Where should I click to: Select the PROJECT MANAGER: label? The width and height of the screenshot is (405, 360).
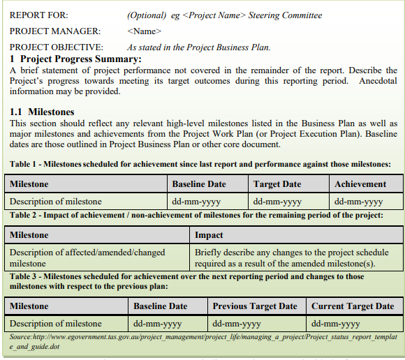click(54, 31)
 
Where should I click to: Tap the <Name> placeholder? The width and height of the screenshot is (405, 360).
click(145, 31)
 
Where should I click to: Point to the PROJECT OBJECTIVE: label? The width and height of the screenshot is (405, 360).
click(56, 47)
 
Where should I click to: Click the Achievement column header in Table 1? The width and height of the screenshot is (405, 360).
click(360, 184)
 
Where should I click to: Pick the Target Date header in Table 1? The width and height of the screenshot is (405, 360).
click(277, 184)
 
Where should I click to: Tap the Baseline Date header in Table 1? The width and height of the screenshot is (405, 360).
click(199, 184)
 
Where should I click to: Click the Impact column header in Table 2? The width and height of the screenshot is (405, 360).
click(209, 235)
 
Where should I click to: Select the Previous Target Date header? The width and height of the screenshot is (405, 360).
click(255, 306)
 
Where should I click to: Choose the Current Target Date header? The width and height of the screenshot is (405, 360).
click(353, 306)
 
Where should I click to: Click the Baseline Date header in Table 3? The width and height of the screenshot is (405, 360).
click(160, 306)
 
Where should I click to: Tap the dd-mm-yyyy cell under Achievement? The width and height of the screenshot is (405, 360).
click(359, 202)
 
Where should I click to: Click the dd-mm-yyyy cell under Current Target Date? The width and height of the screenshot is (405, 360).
click(336, 324)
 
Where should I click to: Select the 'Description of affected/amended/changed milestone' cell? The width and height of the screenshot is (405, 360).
click(87, 257)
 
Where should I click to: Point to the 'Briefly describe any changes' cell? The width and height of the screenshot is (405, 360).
click(292, 257)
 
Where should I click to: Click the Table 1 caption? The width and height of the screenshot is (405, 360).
click(200, 165)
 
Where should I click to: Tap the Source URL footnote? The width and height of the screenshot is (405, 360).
click(202, 340)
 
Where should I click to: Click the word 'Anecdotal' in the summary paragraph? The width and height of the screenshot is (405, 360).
click(377, 81)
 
